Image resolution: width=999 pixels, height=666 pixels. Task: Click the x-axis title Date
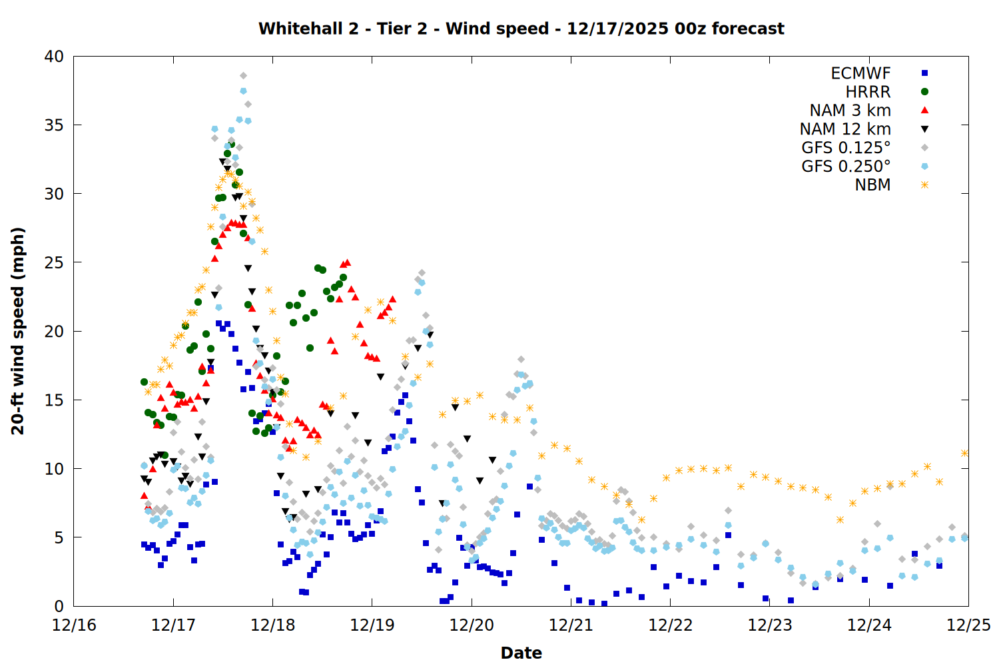click(521, 653)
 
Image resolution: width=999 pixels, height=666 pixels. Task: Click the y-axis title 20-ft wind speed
click(18, 331)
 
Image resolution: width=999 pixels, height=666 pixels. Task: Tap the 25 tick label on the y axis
click(54, 262)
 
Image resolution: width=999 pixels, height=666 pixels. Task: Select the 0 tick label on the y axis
click(59, 606)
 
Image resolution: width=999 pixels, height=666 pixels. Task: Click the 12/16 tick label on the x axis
click(74, 625)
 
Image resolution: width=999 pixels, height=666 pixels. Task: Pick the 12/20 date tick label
click(472, 625)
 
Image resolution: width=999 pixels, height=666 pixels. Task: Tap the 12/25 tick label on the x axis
click(968, 625)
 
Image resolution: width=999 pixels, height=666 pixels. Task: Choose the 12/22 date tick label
click(670, 625)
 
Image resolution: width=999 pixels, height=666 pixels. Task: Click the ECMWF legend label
click(860, 73)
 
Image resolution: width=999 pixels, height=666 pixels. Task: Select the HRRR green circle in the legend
click(924, 92)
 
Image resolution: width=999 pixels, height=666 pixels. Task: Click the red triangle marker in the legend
click(924, 110)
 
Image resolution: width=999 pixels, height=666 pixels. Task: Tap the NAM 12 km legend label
click(845, 129)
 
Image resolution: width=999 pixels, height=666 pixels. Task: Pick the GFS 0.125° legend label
click(846, 148)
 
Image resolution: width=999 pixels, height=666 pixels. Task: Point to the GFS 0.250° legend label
click(846, 166)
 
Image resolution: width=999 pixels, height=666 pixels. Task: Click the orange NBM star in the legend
click(924, 185)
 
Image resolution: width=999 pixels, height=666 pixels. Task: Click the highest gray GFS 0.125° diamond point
click(243, 75)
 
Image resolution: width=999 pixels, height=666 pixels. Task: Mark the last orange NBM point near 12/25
click(964, 453)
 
